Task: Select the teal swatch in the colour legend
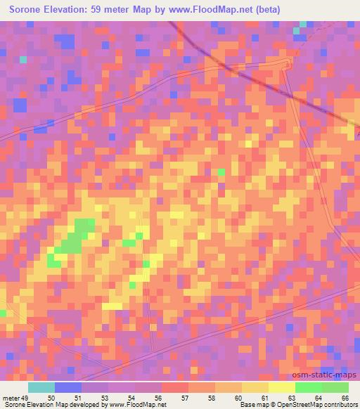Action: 41,387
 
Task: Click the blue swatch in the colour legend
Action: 68,387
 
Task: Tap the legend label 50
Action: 50,398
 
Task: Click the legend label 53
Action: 103,398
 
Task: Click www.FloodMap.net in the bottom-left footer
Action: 136,405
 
